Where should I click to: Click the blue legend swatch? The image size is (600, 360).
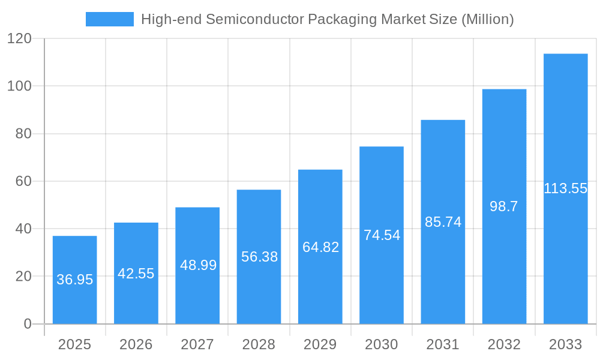(x=110, y=19)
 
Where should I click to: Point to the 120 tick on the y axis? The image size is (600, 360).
(x=19, y=38)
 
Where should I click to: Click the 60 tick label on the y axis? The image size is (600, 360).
(x=23, y=181)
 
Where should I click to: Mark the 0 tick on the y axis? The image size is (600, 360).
(x=27, y=324)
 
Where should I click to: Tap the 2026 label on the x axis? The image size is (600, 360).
(x=136, y=344)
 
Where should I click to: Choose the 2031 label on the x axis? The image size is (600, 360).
(x=443, y=344)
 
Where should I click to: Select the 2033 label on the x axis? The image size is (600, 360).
(x=565, y=344)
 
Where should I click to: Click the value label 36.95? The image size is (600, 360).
(x=74, y=280)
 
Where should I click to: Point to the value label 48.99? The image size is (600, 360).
(x=198, y=265)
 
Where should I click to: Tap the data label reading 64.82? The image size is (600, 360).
(x=320, y=247)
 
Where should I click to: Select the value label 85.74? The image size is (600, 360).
(x=443, y=222)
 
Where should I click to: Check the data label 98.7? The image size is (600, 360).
(x=504, y=206)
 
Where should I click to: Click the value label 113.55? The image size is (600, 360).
(x=565, y=188)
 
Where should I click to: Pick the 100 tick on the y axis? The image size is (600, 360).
(x=19, y=86)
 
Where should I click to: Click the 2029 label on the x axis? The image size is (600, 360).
(x=320, y=344)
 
